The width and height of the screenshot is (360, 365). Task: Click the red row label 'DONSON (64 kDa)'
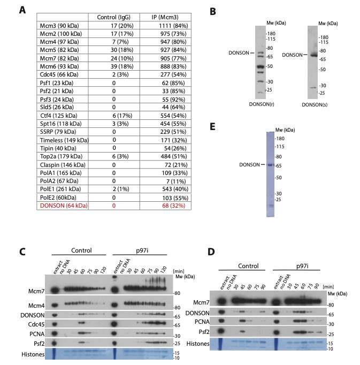pyautogui.click(x=62, y=206)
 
